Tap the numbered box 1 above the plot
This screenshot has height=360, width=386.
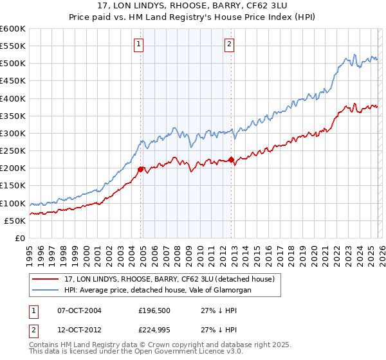pos(139,44)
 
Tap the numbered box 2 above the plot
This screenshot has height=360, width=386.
pos(230,44)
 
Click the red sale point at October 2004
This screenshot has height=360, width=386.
pos(141,170)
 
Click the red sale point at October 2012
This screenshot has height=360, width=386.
pos(232,160)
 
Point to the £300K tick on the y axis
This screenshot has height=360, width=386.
pos(13,134)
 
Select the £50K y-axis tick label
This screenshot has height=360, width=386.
pos(15,221)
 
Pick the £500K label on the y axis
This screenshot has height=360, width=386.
pos(13,64)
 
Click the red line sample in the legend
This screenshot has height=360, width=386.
pos(46,279)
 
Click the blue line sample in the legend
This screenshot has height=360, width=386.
pos(46,291)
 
